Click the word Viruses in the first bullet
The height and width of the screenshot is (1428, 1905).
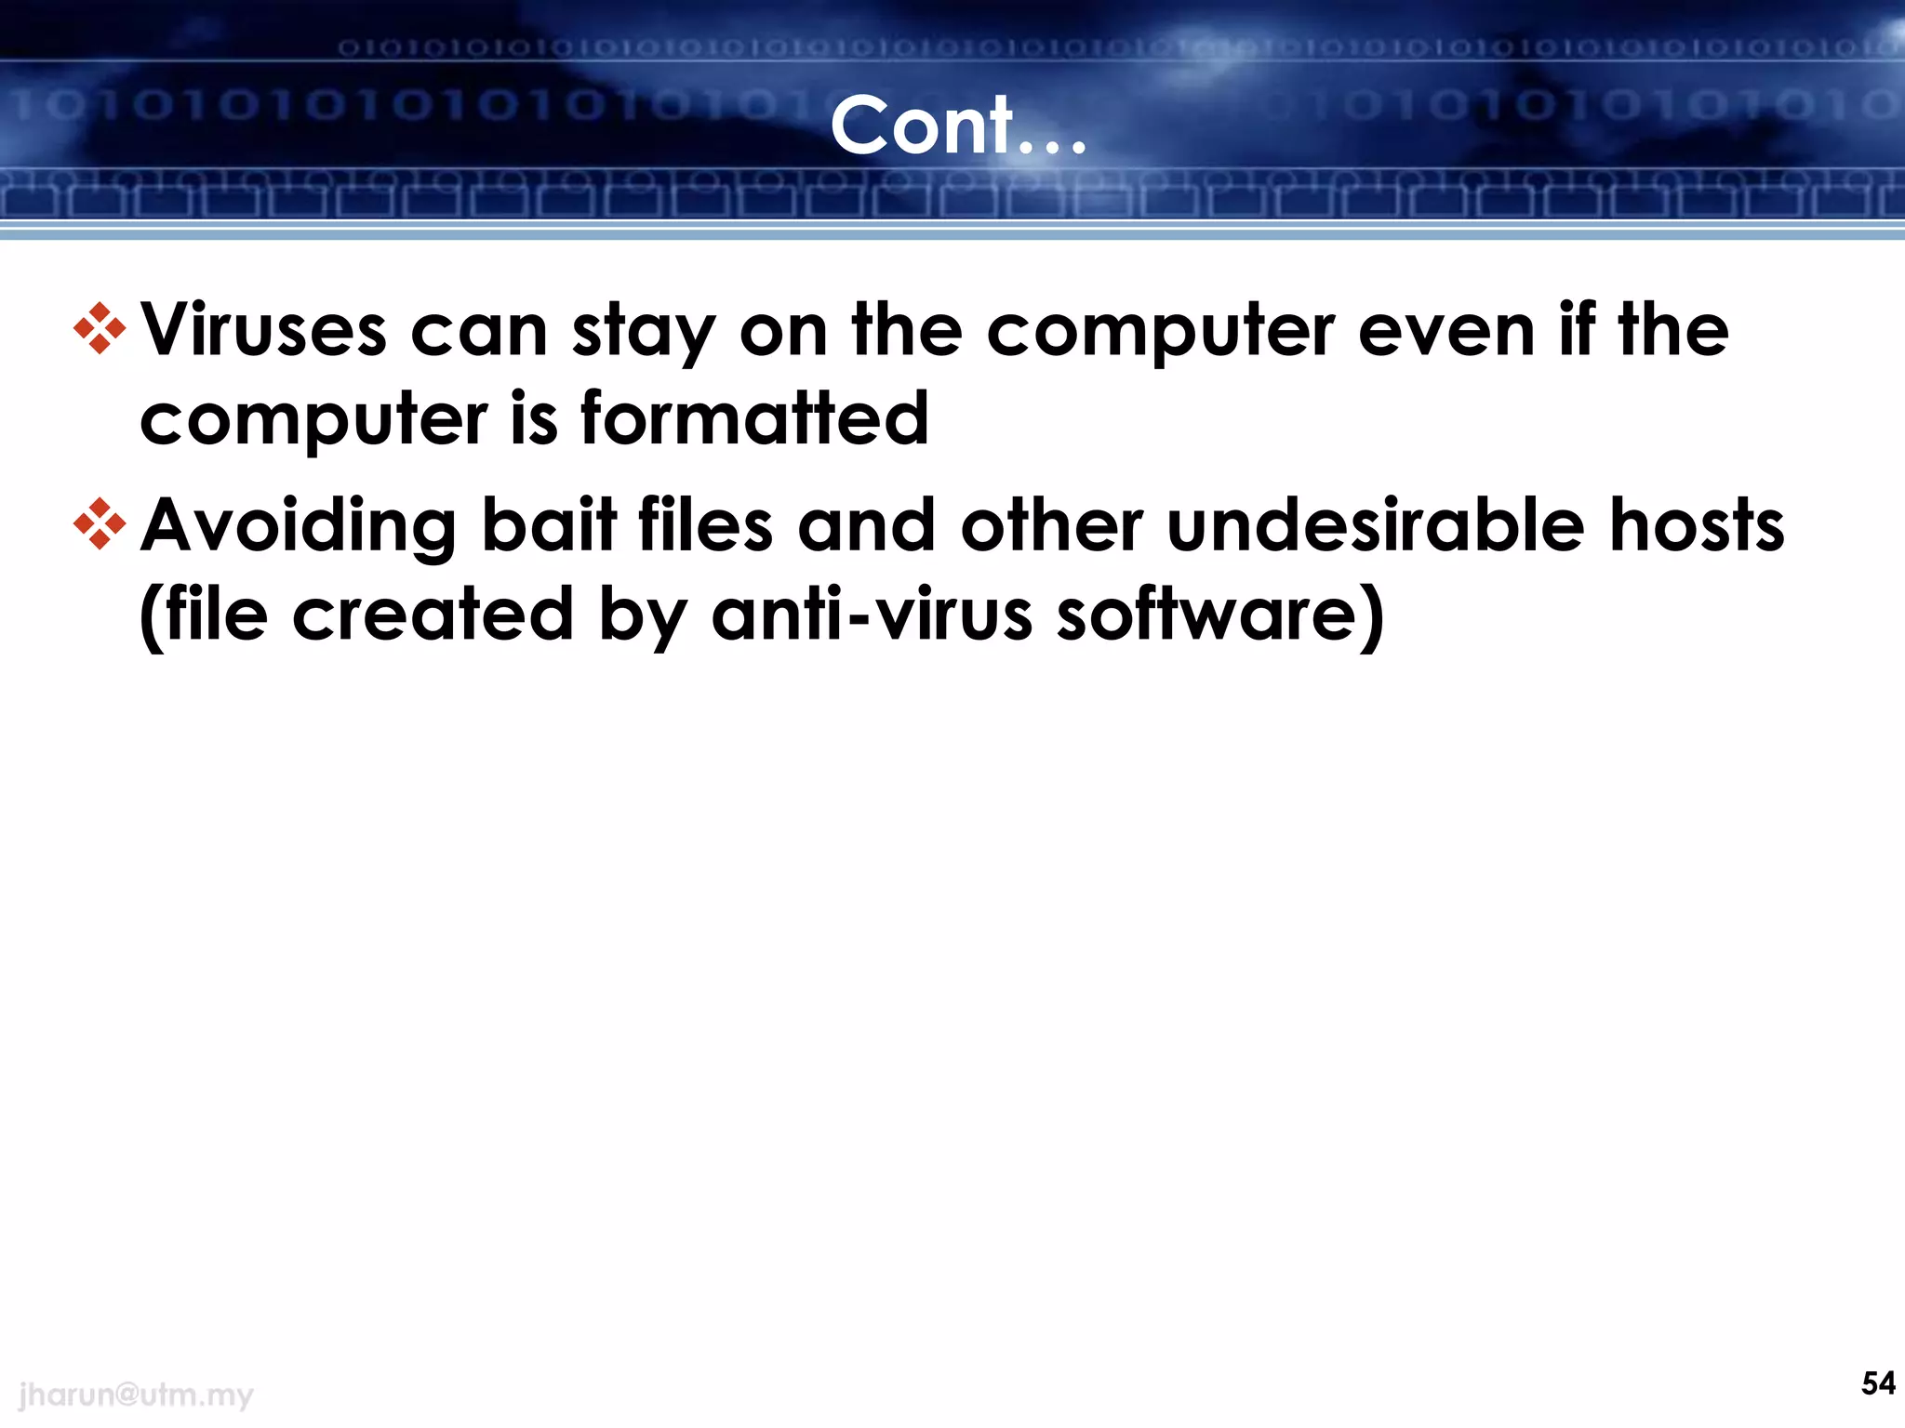tap(263, 331)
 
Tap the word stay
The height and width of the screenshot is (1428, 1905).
tap(643, 333)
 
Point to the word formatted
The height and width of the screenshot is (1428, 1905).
tap(754, 418)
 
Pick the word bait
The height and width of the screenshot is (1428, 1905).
tap(549, 525)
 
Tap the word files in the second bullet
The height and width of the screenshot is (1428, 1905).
tap(706, 525)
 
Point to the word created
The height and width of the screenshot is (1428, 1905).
tap(433, 615)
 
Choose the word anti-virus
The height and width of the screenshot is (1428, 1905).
tap(872, 615)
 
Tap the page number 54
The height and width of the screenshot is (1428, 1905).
tap(1878, 1383)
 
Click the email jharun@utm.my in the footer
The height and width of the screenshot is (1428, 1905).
tap(136, 1395)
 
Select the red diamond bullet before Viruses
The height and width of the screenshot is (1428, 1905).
tap(100, 329)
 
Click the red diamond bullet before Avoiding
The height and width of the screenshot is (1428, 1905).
tap(100, 525)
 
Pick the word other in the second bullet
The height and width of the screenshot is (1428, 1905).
tap(1051, 525)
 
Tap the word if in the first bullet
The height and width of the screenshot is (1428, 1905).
tap(1578, 331)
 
